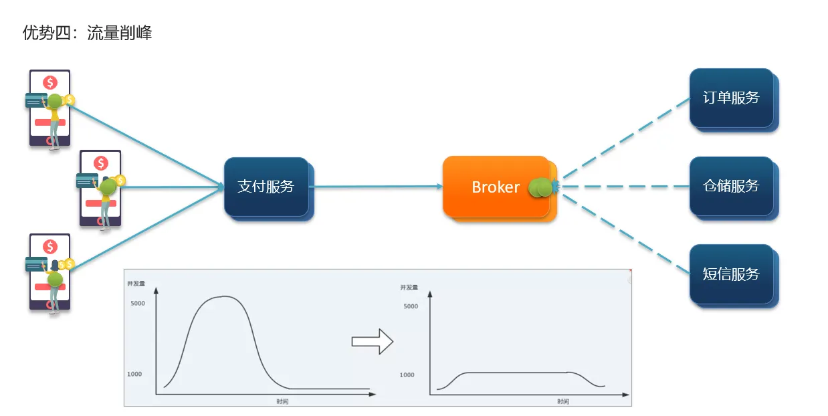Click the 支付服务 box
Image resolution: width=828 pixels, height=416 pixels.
point(266,187)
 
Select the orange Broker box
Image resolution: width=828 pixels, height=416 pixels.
point(496,187)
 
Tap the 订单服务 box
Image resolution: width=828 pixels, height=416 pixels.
point(731,98)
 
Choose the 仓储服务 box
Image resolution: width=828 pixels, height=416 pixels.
point(731,186)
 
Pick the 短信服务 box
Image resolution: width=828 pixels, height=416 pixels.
point(731,274)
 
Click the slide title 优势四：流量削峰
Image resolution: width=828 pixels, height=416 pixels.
point(88,33)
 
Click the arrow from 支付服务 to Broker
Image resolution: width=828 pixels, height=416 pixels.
point(375,187)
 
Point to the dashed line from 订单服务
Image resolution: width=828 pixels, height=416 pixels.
point(625,140)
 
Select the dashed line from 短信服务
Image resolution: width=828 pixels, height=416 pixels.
point(625,231)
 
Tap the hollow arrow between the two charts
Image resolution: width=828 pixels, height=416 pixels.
point(372,342)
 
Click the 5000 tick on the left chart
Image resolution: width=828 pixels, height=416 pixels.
point(137,303)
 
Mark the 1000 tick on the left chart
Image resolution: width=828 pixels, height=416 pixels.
point(134,374)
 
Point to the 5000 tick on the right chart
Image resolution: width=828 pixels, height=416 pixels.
point(410,306)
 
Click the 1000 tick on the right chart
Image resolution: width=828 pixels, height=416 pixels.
point(407,375)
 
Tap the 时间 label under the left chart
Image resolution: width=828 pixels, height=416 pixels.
point(282,401)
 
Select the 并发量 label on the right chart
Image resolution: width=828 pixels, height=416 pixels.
point(409,288)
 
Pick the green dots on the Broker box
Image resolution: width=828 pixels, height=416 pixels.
point(540,188)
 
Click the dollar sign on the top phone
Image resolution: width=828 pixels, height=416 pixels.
point(49,82)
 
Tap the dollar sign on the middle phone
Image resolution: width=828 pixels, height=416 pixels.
point(101,163)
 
